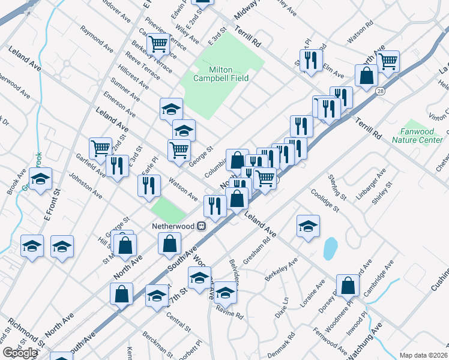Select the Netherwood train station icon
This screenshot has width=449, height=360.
(x=202, y=226)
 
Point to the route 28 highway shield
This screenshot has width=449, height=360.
(x=381, y=91)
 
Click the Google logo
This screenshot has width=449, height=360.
(x=20, y=353)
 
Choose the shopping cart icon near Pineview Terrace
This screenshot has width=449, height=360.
(x=158, y=43)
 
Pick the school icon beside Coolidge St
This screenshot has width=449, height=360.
(x=308, y=226)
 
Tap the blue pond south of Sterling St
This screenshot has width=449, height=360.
(x=330, y=248)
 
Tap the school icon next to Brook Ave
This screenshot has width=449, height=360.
(x=41, y=179)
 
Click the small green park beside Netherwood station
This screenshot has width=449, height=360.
(x=168, y=210)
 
